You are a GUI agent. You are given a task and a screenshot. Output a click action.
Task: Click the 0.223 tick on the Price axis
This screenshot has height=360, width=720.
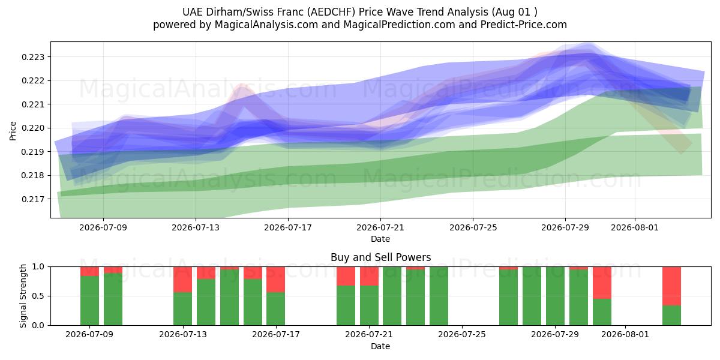point(33,57)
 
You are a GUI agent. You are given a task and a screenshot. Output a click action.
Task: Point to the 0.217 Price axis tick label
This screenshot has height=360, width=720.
point(33,199)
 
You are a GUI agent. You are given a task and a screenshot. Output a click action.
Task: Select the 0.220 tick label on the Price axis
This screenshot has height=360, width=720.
point(33,128)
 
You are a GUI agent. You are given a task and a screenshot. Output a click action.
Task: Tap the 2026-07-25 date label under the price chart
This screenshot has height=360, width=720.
point(473,227)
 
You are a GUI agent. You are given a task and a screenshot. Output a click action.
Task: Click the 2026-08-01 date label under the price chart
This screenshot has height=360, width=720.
point(635,227)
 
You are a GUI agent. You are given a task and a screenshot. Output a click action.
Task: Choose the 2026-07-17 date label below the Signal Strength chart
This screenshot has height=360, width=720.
point(276,334)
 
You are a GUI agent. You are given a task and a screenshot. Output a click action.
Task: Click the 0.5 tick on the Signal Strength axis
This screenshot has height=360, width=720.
point(38,296)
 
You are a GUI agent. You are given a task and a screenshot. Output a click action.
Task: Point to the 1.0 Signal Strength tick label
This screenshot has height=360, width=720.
point(38,267)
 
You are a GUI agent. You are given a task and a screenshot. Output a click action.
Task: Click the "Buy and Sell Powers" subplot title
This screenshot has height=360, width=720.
point(380,257)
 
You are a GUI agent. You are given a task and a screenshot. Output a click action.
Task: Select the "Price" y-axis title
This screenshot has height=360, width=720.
point(13,131)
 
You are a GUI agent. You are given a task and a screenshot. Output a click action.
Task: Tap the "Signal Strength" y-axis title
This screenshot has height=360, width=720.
point(23,296)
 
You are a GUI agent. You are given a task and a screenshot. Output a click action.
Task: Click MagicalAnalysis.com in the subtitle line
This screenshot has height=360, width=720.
point(266,25)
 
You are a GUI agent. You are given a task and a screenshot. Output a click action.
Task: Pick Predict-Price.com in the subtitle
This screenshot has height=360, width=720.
point(524,25)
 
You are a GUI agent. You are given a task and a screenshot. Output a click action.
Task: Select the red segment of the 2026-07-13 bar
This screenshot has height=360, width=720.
point(182,280)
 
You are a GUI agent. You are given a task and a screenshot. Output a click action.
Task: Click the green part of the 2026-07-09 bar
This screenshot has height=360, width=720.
point(89,301)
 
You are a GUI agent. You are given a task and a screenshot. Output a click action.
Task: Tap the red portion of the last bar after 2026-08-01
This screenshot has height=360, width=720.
point(671,286)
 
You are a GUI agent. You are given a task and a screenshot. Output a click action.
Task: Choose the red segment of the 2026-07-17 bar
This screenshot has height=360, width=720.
point(276,280)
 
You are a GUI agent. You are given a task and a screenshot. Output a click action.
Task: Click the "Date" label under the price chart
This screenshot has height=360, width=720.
point(380,239)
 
